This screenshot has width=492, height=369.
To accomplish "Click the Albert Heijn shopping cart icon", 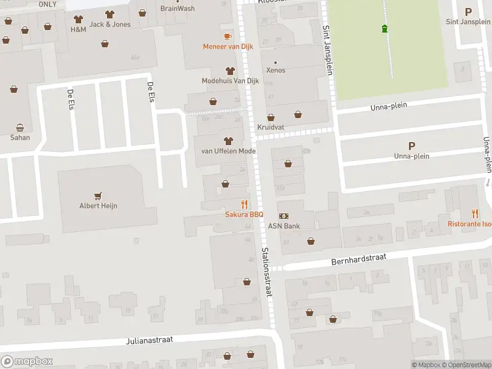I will pyautogui.click(x=98, y=195).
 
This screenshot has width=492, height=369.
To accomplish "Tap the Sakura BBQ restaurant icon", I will pyautogui.click(x=244, y=204).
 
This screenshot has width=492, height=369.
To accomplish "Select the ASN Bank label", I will pyautogui.click(x=284, y=226).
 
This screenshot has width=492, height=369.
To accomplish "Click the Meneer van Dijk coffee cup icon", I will pyautogui.click(x=228, y=36).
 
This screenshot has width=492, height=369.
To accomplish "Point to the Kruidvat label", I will pyautogui.click(x=270, y=127).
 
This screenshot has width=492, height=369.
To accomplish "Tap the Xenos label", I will pyautogui.click(x=276, y=70).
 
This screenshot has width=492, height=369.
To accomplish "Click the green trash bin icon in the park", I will pyautogui.click(x=385, y=28).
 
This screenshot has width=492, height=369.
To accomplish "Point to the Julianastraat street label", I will pyautogui.click(x=150, y=339).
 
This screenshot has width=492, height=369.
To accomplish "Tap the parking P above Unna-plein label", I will pyautogui.click(x=411, y=146).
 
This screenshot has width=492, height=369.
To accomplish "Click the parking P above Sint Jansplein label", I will pyautogui.click(x=468, y=12).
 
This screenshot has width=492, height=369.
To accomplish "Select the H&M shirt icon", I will pyautogui.click(x=78, y=19).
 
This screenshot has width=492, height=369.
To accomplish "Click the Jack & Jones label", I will pyautogui.click(x=110, y=24).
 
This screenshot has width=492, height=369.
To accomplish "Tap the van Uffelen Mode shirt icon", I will pyautogui.click(x=228, y=141).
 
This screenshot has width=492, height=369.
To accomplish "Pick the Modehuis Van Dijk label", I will pyautogui.click(x=230, y=81).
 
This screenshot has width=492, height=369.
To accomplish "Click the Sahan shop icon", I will pyautogui.click(x=20, y=127).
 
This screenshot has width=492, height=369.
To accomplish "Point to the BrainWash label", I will pyautogui.click(x=177, y=9).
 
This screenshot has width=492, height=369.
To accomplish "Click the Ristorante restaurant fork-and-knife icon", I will pyautogui.click(x=475, y=213).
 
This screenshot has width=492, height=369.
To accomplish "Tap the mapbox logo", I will pyautogui.click(x=26, y=362).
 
